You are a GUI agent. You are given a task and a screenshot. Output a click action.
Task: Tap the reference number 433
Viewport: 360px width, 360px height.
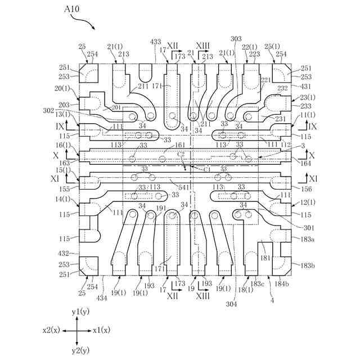coord(155,42)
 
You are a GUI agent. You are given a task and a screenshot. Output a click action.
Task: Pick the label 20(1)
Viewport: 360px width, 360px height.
coord(62,89)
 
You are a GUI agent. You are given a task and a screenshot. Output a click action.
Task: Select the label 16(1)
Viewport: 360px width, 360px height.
coord(62,145)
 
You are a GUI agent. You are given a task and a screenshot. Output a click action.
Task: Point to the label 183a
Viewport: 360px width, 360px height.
coord(308,240)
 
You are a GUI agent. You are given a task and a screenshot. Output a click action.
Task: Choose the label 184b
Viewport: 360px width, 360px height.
coord(282,284)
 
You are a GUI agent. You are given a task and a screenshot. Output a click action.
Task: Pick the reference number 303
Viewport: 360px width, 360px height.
coord(236,38)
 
